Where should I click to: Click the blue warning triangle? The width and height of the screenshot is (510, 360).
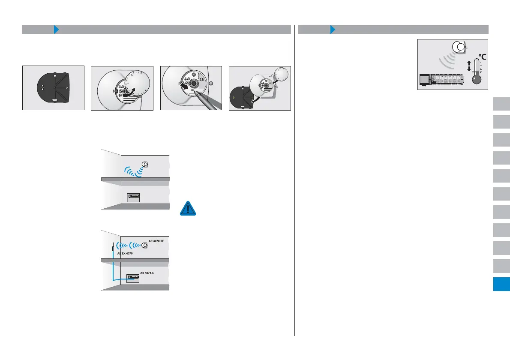point(188,208)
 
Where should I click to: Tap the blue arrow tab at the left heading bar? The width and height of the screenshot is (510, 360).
point(56,30)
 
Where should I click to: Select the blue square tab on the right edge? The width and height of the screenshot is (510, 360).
point(501,284)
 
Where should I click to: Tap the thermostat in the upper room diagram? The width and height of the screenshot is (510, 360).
point(145,165)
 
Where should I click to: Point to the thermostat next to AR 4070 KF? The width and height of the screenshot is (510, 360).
point(145,246)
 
